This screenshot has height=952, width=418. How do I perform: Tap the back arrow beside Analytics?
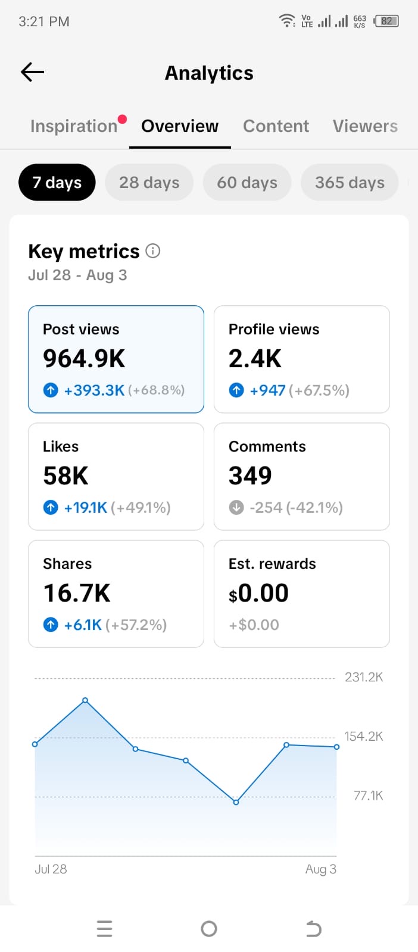32,72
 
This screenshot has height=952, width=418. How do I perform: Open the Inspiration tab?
74,126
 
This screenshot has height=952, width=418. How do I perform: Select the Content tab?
276,126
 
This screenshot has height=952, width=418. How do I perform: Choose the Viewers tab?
365,126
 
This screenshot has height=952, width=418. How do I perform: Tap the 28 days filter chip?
149,182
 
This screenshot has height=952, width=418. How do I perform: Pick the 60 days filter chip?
247,182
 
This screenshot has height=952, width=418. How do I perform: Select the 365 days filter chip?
350,182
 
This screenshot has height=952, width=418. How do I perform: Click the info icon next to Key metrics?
153,250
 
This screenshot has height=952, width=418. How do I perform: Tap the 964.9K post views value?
84,358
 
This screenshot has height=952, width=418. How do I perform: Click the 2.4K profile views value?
255,358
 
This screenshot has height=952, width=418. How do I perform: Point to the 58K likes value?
65,475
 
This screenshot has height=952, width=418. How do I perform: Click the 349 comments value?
250,475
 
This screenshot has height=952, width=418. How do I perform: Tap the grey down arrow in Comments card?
236,507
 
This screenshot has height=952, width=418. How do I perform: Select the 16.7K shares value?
77,593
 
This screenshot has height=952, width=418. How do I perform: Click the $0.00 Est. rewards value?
258,593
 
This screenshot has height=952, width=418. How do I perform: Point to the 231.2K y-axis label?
364,677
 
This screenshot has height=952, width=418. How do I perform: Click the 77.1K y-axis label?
368,795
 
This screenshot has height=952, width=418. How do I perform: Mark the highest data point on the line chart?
85,700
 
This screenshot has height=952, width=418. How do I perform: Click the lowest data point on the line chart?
236,803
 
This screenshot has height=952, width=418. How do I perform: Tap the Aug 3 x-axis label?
321,869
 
